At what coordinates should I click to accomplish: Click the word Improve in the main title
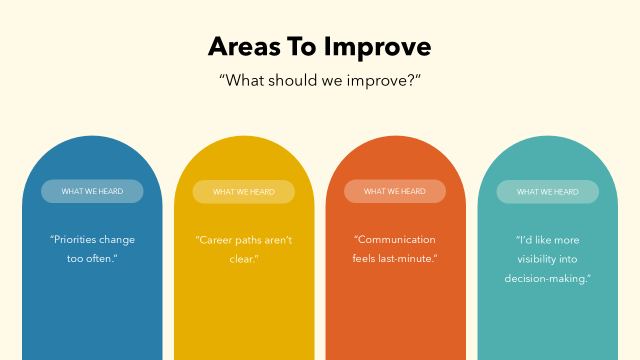point(377,46)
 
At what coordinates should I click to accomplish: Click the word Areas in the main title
point(244,46)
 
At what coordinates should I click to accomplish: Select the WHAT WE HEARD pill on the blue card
point(92,191)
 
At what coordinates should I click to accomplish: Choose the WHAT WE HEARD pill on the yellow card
point(243,192)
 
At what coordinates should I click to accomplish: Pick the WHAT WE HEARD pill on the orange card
point(394,191)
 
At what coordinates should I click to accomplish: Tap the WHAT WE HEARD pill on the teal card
point(547,192)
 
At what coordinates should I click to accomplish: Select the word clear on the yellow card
point(242,259)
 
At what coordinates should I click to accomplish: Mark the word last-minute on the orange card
point(410,259)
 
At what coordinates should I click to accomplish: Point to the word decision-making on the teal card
point(546,278)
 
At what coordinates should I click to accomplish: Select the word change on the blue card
point(117,239)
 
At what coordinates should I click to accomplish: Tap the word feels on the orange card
point(364,259)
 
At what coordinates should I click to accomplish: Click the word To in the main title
point(301,46)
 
